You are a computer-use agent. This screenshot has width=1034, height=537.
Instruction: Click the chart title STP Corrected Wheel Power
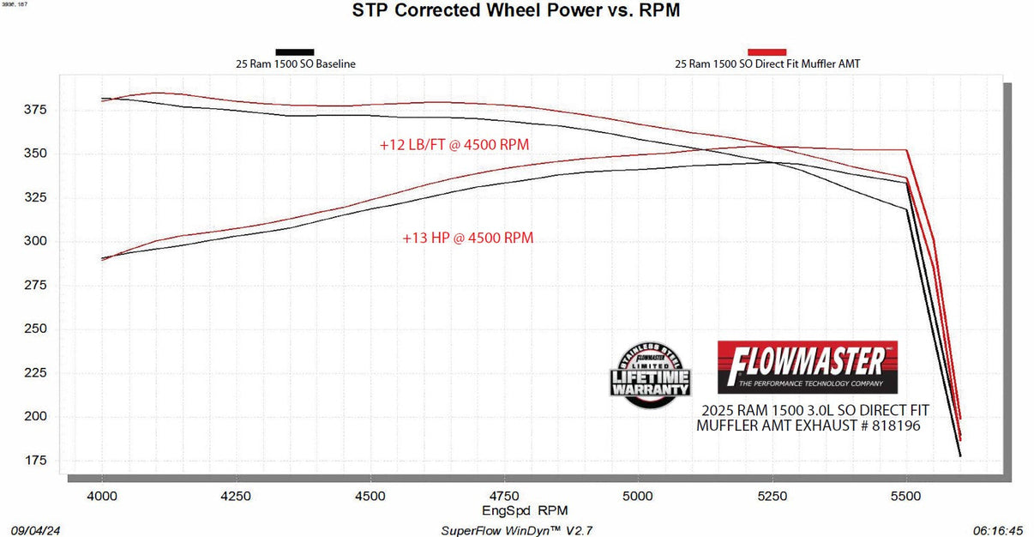pyautogui.click(x=516, y=11)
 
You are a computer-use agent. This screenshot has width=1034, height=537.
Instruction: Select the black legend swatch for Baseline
pyautogui.click(x=294, y=51)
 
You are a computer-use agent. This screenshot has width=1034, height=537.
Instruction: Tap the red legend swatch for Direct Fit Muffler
pyautogui.click(x=767, y=51)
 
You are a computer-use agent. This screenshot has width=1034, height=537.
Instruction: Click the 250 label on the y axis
pyautogui.click(x=37, y=329)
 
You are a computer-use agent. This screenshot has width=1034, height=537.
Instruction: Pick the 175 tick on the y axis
pyautogui.click(x=37, y=461)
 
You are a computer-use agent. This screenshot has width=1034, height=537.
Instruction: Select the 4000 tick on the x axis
pyautogui.click(x=102, y=496)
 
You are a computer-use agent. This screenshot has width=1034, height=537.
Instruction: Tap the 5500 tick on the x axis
pyautogui.click(x=906, y=496)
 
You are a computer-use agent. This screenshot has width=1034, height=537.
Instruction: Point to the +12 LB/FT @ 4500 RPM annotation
pyautogui.click(x=460, y=145)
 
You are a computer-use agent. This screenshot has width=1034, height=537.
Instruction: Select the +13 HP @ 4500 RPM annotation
pyautogui.click(x=467, y=238)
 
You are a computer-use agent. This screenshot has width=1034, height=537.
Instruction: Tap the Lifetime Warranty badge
pyautogui.click(x=650, y=371)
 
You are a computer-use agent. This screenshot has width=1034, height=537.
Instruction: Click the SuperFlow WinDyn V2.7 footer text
pyautogui.click(x=516, y=530)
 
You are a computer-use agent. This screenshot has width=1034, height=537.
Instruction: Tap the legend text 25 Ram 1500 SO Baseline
pyautogui.click(x=296, y=63)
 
